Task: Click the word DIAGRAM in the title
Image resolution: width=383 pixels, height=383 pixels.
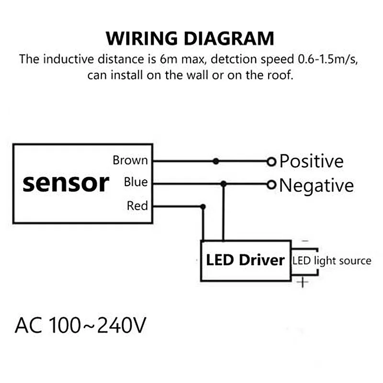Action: click(x=233, y=38)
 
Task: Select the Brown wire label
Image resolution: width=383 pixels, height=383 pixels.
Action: click(x=130, y=160)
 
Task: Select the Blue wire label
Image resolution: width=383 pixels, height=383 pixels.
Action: click(x=136, y=182)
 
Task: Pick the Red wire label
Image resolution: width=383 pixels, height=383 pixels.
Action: click(x=137, y=206)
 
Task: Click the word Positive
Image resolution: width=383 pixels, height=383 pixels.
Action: click(x=312, y=161)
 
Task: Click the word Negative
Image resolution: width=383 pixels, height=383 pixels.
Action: click(x=316, y=185)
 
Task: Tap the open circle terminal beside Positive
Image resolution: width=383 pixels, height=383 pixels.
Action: click(x=272, y=161)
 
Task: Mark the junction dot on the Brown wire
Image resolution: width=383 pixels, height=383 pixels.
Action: click(x=216, y=161)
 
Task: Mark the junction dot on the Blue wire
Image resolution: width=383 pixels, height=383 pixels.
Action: click(x=223, y=183)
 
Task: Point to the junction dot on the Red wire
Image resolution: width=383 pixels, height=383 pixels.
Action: click(x=203, y=207)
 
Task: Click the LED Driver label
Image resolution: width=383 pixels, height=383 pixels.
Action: click(x=245, y=260)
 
